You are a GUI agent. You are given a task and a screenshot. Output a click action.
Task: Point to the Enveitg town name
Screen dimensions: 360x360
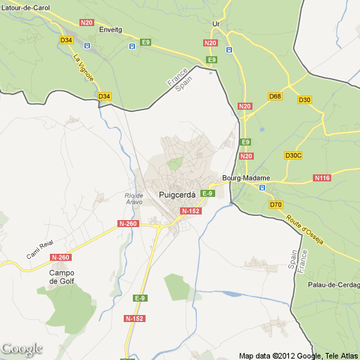[110, 30]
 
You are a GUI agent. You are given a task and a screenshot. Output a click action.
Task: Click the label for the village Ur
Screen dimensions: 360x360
[216, 24]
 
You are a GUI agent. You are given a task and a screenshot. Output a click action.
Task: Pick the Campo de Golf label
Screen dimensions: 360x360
[61, 277]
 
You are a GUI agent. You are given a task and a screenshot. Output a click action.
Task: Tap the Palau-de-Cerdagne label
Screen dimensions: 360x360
[334, 285]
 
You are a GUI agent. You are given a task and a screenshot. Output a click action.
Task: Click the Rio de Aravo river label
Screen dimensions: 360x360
[134, 198]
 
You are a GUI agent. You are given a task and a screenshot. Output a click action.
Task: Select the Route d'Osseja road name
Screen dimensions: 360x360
[304, 228]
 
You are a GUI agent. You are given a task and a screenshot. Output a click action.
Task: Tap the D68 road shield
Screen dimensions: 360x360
[275, 96]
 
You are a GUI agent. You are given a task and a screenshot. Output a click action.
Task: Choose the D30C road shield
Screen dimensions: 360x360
[293, 155]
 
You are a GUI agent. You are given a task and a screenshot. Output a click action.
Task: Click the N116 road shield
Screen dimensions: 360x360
[323, 178]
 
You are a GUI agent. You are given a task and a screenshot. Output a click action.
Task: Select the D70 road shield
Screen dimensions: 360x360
[276, 205]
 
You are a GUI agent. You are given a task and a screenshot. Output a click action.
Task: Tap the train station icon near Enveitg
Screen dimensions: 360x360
[131, 46]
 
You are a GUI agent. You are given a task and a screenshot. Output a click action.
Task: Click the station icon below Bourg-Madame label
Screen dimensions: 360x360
[262, 188]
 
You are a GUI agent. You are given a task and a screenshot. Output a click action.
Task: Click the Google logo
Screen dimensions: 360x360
[22, 349]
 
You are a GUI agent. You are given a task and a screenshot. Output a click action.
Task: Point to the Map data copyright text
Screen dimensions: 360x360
[298, 355]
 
